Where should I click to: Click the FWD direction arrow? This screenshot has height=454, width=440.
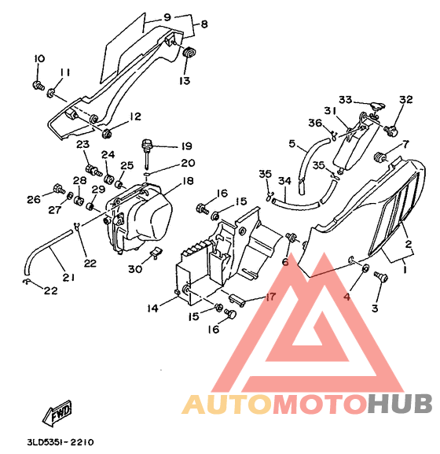[57, 412]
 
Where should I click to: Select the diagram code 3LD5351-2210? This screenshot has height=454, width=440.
[60, 442]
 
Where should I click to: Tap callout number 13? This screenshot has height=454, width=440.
[185, 80]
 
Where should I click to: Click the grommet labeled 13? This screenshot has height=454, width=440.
[189, 53]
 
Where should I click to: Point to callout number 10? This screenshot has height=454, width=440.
[39, 59]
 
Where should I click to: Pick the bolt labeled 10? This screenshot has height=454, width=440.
[38, 86]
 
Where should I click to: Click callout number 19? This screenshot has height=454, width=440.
[187, 146]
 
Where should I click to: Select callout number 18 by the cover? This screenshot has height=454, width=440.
[188, 181]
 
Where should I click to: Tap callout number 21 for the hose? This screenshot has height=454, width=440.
[68, 277]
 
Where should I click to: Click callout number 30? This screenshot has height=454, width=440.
[135, 269]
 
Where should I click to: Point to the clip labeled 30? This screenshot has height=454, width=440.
[156, 253]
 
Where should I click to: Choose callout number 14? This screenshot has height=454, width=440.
[152, 308]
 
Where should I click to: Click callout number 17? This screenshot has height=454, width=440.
[270, 297]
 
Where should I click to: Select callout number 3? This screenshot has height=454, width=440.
[375, 308]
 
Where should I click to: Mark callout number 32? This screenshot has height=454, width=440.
[406, 99]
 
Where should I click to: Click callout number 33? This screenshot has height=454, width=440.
[346, 100]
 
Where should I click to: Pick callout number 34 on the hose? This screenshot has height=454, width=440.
[284, 181]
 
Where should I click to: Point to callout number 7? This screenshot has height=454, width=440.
[405, 144]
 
